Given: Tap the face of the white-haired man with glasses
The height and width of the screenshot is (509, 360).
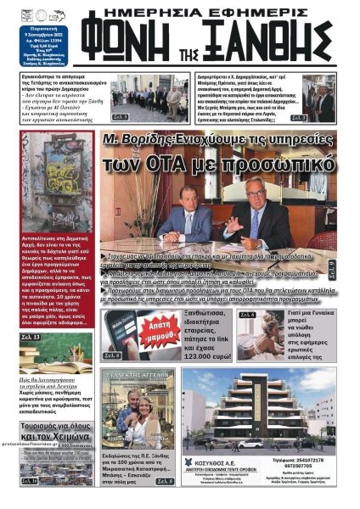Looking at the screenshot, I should tap(259, 194).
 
